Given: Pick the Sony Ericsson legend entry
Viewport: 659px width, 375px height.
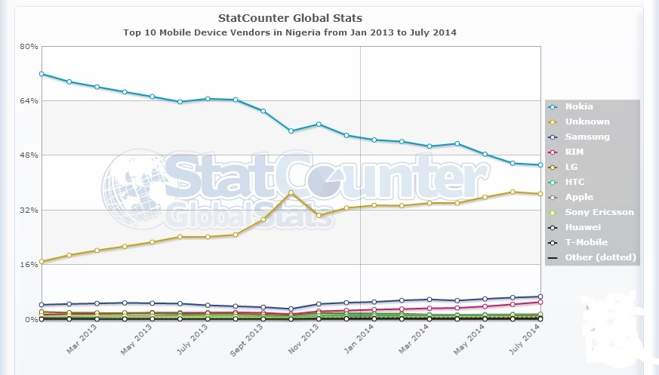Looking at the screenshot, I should click(599, 212).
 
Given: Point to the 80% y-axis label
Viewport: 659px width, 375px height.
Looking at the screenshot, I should click(29, 46).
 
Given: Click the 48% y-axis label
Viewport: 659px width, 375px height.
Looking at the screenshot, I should click(29, 155).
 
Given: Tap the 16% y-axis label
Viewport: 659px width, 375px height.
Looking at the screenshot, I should click(29, 265).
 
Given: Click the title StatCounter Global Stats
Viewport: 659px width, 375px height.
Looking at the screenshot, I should click(289, 17).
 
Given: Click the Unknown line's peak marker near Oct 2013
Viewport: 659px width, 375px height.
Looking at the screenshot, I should click(291, 193).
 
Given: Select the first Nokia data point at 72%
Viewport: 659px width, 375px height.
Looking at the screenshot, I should click(42, 74).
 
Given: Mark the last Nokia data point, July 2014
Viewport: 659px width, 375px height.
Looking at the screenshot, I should click(540, 165).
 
